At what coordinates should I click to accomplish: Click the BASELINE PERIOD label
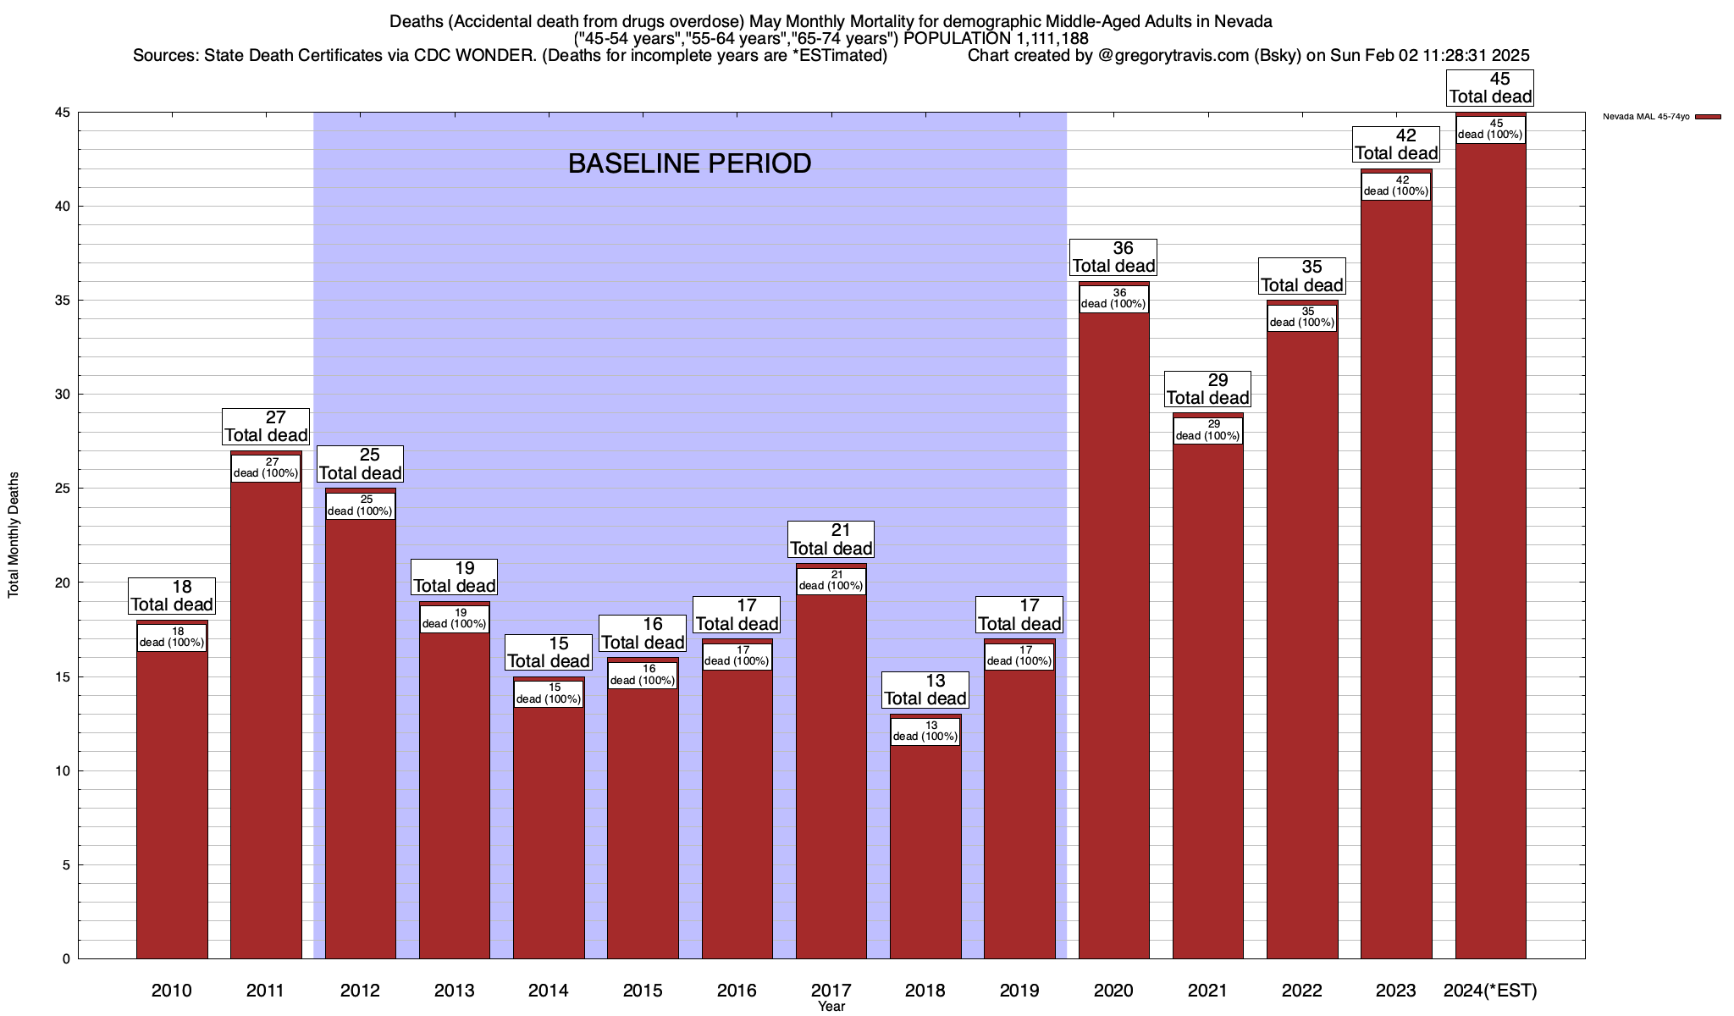[689, 163]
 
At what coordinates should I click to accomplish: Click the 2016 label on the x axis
[737, 990]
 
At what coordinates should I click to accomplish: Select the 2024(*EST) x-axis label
[1490, 990]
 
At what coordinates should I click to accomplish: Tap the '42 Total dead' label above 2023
[1396, 145]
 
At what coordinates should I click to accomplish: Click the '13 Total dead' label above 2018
[925, 690]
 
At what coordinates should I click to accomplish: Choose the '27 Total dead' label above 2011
[266, 427]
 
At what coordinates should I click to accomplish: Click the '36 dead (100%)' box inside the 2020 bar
[1114, 299]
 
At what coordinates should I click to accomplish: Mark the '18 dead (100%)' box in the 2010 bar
[172, 638]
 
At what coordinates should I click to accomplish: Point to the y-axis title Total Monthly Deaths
[14, 535]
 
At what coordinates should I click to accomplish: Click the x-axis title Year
[831, 1007]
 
